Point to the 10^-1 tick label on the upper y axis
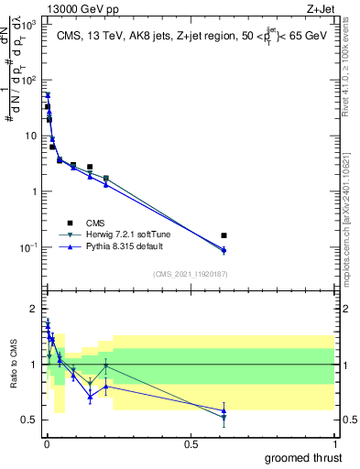(31, 248)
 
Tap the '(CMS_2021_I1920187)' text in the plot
(190, 273)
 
